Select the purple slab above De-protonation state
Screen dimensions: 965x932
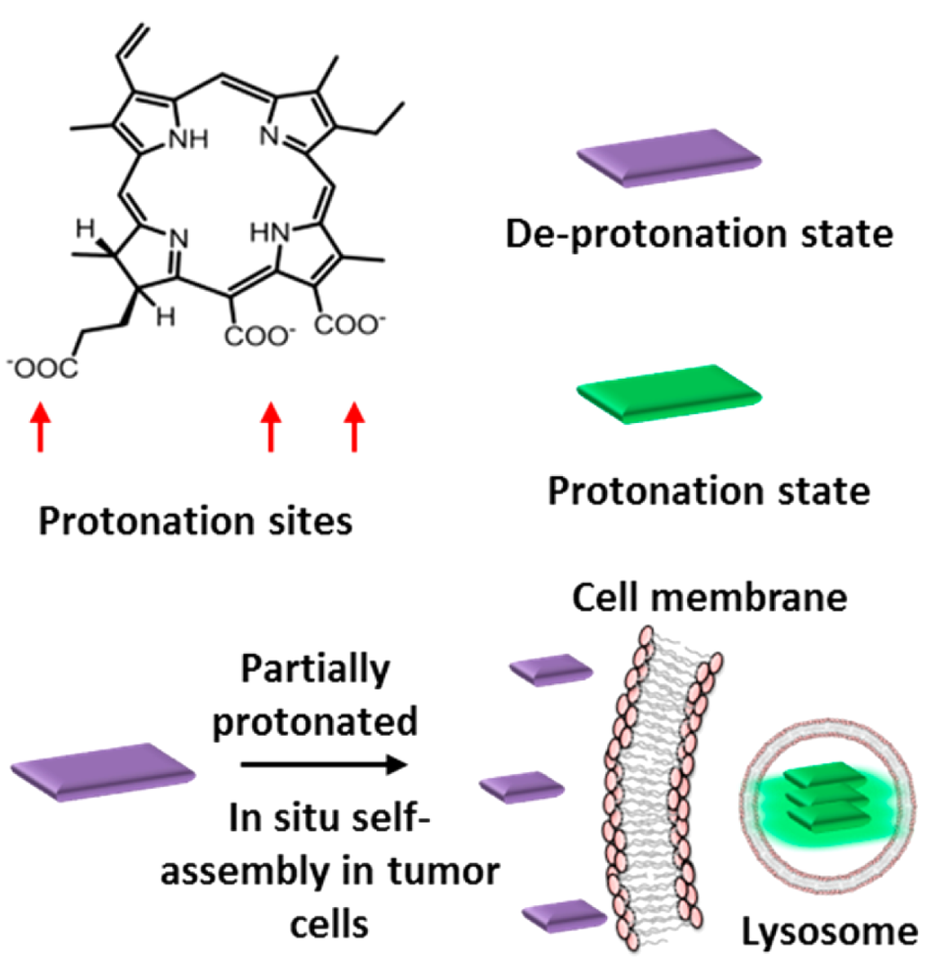click(x=669, y=157)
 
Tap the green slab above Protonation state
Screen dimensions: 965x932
click(x=669, y=393)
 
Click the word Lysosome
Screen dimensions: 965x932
click(x=830, y=932)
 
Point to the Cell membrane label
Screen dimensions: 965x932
click(x=709, y=597)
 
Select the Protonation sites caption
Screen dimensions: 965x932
click(x=195, y=521)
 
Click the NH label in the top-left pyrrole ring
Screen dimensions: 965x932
click(x=188, y=140)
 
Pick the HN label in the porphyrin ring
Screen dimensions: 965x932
click(x=270, y=233)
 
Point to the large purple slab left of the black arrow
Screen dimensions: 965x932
click(x=103, y=772)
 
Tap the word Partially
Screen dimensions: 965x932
click(x=315, y=670)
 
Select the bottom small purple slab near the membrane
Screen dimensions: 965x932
click(x=564, y=915)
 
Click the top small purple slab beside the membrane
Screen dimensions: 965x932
click(x=551, y=670)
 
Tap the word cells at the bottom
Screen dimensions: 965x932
click(x=329, y=925)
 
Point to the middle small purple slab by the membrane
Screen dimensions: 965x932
click(x=522, y=787)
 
